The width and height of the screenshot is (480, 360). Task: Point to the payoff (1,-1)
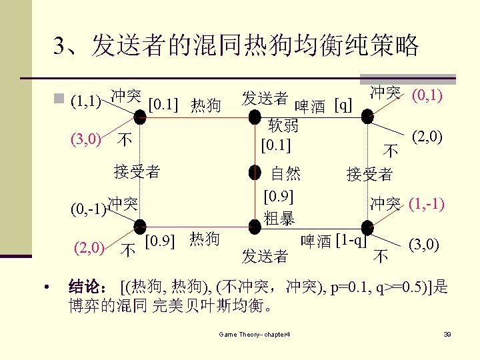pos(427,203)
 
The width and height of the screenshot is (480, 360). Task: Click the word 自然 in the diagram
pos(285,175)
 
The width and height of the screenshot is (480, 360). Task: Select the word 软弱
pos(283,125)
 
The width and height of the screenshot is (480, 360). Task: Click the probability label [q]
pos(343,105)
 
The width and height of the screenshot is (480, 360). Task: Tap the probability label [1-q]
pos(351,239)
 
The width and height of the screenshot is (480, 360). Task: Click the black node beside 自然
pos(256,174)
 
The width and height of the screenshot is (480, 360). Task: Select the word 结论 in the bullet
pos(86,288)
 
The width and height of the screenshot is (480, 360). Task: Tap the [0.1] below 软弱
pos(276,143)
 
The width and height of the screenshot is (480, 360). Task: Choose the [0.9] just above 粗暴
pos(279,197)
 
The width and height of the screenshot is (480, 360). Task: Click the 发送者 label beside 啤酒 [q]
pos(265,99)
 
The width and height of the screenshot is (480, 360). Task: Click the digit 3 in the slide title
pos(61,47)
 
